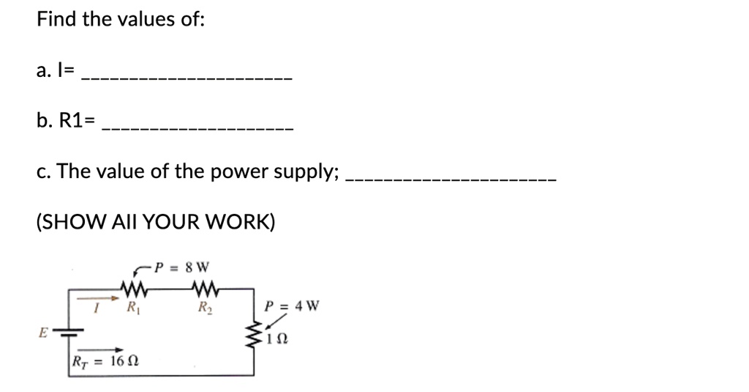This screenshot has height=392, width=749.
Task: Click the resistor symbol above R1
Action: tap(134, 288)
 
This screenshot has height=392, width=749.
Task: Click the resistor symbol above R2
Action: tap(206, 288)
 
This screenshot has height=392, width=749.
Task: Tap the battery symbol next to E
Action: tap(68, 332)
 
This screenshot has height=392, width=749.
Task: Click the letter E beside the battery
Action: tap(43, 332)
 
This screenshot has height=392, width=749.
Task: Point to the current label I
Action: tap(96, 308)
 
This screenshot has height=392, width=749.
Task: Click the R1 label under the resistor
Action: tap(133, 307)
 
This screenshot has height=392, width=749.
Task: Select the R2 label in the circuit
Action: tap(206, 307)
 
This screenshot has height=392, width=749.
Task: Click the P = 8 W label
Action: tap(182, 267)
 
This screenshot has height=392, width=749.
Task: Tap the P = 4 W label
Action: tap(292, 306)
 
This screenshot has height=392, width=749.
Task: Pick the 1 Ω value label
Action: tap(277, 339)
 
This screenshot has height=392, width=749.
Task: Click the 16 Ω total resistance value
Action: tap(124, 361)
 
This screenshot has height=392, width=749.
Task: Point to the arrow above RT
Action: tap(99, 350)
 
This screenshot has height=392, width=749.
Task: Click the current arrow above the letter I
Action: tap(98, 298)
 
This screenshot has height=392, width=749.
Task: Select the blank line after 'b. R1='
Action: tap(197, 129)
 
